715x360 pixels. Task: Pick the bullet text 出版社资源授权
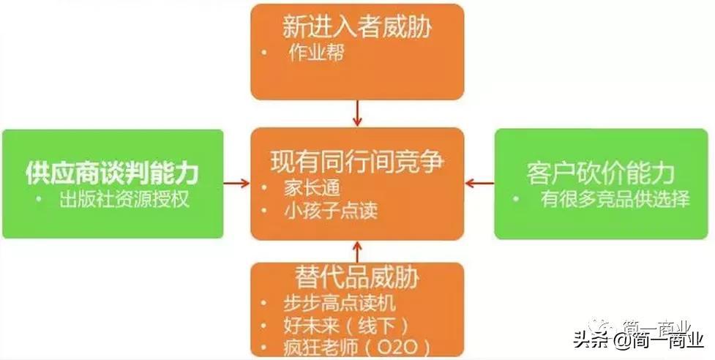click(x=124, y=199)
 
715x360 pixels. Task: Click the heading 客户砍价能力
click(x=600, y=173)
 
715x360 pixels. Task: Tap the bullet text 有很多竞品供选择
click(x=615, y=199)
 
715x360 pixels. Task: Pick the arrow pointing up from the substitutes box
click(x=357, y=251)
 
